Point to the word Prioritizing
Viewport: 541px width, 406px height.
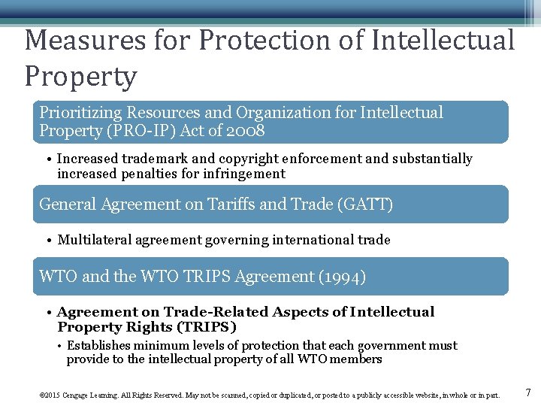[x=82, y=113]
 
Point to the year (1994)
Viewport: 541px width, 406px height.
[x=343, y=276]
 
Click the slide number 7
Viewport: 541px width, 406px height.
[x=528, y=392]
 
